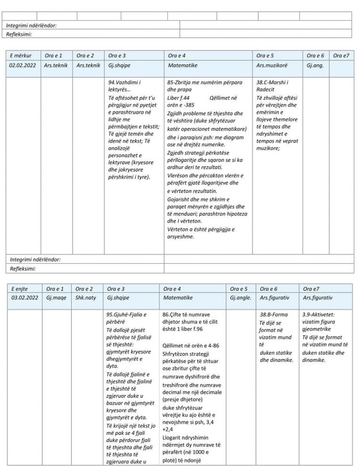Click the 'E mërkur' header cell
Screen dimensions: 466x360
pyautogui.click(x=19, y=56)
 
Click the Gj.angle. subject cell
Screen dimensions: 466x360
pyautogui.click(x=240, y=297)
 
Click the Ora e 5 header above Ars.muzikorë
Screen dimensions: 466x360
pyautogui.click(x=266, y=56)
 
